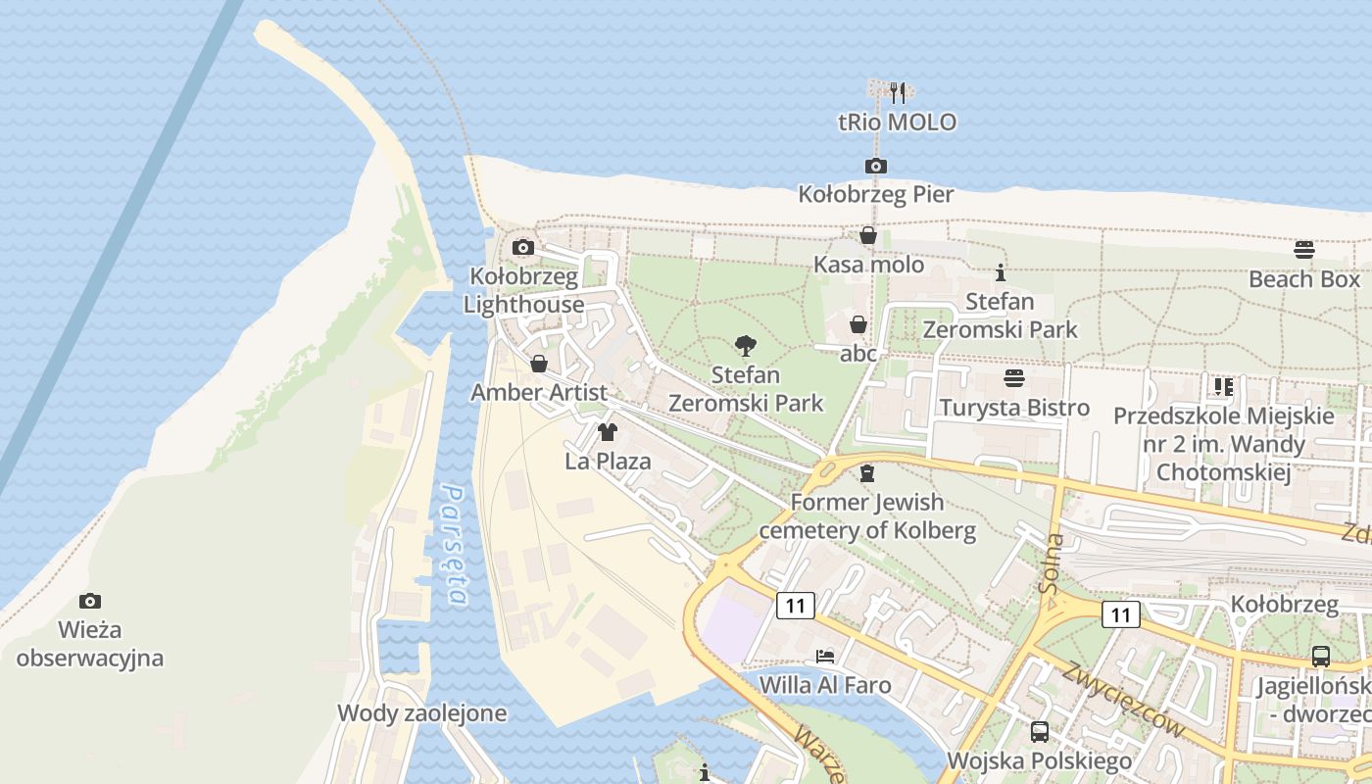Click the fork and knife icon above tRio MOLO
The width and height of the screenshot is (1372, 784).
click(x=897, y=92)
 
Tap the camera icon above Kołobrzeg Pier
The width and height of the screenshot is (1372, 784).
click(x=875, y=166)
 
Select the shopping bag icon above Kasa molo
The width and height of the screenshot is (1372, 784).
click(x=867, y=235)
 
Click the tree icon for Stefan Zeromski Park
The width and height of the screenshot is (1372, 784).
click(x=745, y=345)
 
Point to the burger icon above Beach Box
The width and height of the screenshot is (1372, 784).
click(x=1303, y=250)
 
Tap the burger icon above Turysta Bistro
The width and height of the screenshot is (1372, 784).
click(x=1013, y=378)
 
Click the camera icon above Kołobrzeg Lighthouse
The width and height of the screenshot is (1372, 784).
click(x=523, y=247)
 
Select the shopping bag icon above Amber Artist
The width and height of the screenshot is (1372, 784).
click(x=538, y=364)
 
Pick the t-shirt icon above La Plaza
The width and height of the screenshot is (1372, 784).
click(x=608, y=431)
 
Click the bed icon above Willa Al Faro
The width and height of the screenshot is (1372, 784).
click(x=825, y=656)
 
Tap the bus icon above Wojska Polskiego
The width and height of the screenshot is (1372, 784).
click(x=1039, y=731)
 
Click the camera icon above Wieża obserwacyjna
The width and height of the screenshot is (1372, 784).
click(x=89, y=600)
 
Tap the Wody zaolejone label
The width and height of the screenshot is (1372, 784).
click(x=421, y=712)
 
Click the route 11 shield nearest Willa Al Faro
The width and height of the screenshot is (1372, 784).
click(x=795, y=606)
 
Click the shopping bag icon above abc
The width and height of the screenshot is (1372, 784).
click(x=857, y=324)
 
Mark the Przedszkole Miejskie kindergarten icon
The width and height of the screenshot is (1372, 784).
click(x=1223, y=387)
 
